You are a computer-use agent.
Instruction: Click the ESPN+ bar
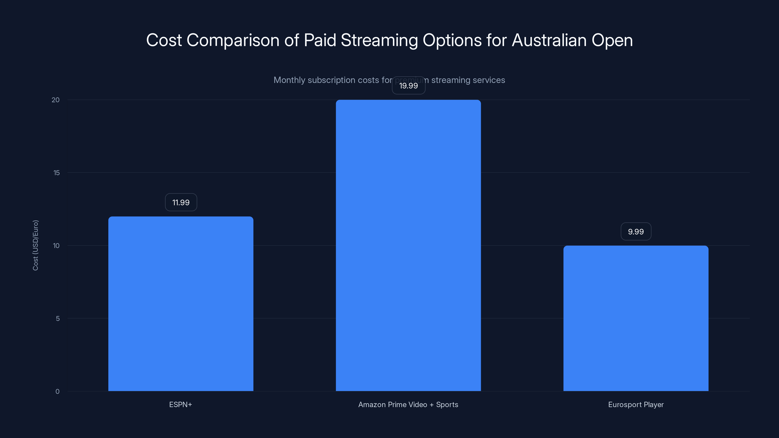click(x=181, y=303)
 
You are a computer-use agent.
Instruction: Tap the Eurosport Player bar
click(x=636, y=318)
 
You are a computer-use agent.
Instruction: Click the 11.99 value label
click(x=181, y=202)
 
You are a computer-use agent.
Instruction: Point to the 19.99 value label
click(x=408, y=86)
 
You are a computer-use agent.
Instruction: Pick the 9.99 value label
click(x=636, y=232)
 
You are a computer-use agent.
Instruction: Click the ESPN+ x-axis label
click(x=181, y=404)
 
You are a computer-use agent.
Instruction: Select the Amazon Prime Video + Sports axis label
click(x=408, y=404)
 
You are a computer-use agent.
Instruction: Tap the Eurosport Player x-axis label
click(x=636, y=404)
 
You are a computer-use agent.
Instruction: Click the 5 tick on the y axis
click(x=58, y=318)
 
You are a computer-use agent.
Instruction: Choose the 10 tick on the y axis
click(x=56, y=246)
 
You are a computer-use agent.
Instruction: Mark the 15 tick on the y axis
click(x=56, y=173)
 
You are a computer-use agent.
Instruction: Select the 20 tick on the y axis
click(x=56, y=100)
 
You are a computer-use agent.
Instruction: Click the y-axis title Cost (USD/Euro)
click(x=35, y=245)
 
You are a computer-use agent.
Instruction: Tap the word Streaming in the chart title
click(x=379, y=40)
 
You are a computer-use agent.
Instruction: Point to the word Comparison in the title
click(x=233, y=40)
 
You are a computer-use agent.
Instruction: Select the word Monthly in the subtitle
click(x=289, y=80)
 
